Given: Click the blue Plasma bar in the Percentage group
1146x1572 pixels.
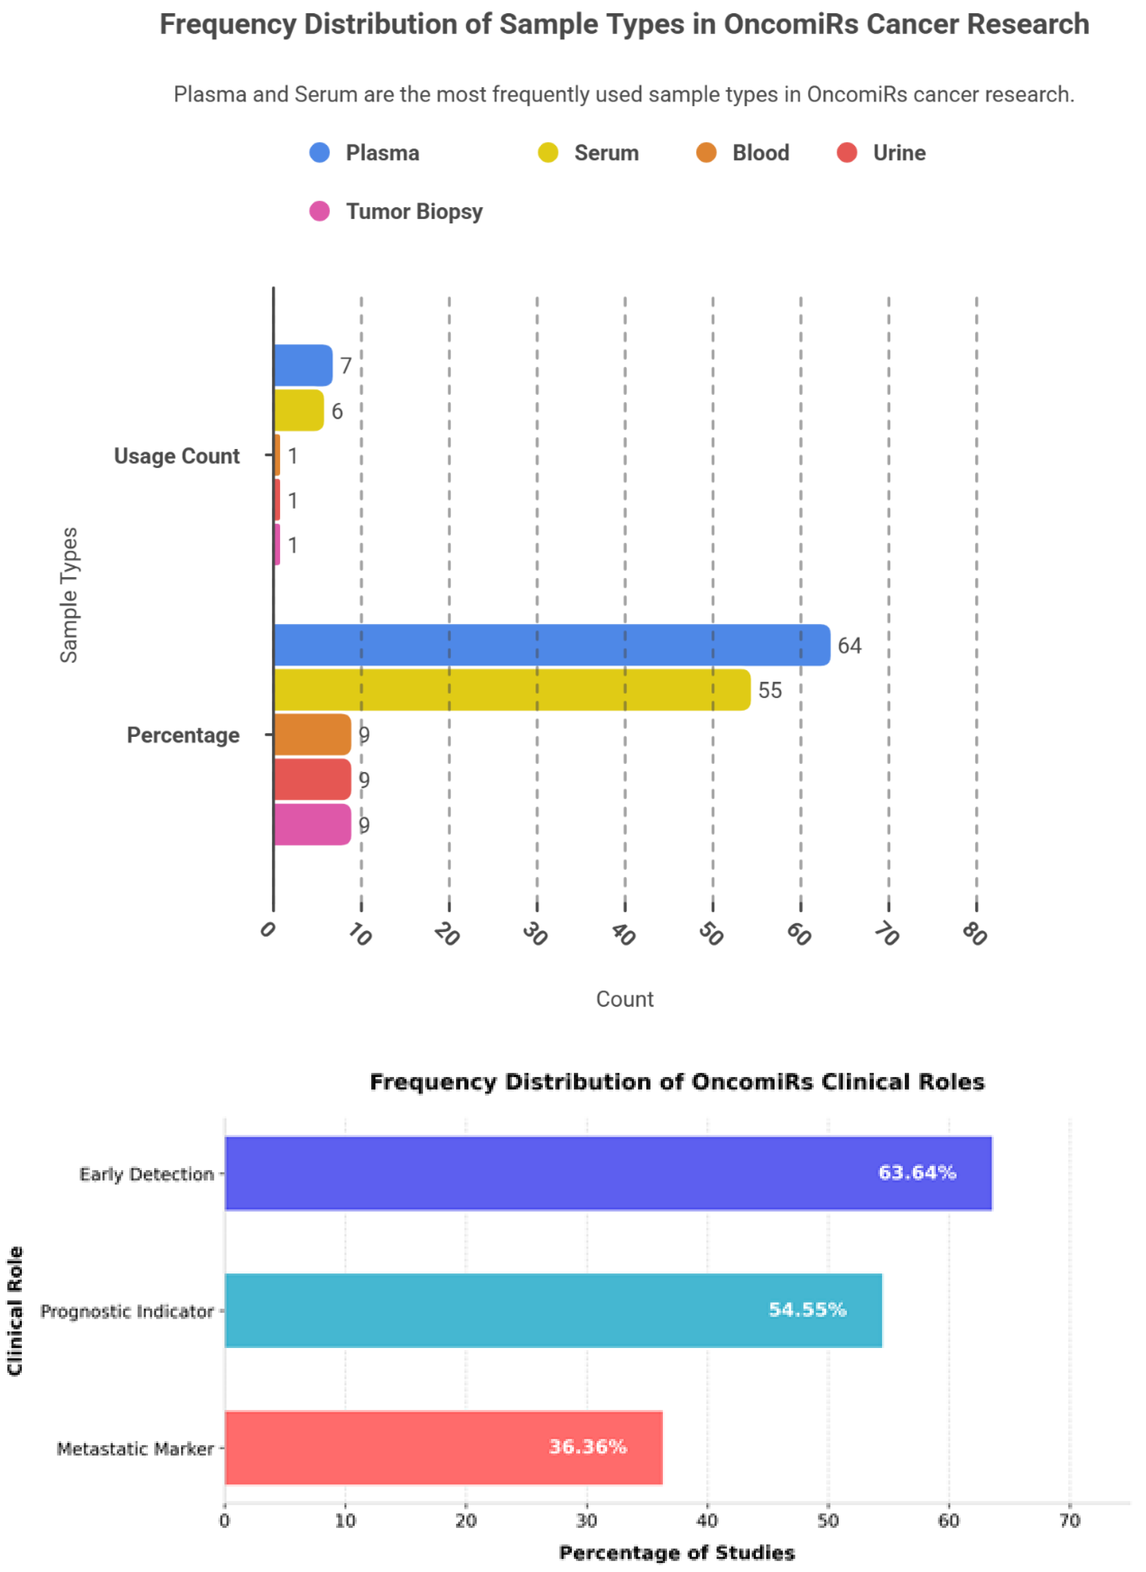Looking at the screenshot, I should click(x=551, y=645).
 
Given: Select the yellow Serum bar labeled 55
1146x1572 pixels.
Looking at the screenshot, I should click(x=512, y=690).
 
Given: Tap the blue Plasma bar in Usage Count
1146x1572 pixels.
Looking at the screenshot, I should click(x=302, y=365).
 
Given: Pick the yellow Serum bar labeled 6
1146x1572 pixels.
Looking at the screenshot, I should click(x=298, y=410).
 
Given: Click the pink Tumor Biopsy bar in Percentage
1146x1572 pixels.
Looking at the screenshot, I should click(x=312, y=824).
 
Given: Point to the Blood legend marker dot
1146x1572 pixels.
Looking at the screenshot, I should click(x=706, y=153).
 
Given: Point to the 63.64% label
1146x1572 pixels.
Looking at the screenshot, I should click(x=917, y=1172).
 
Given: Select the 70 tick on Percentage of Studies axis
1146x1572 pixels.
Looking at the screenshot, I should click(x=1070, y=1521).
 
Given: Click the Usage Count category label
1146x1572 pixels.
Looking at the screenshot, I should click(x=177, y=456).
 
